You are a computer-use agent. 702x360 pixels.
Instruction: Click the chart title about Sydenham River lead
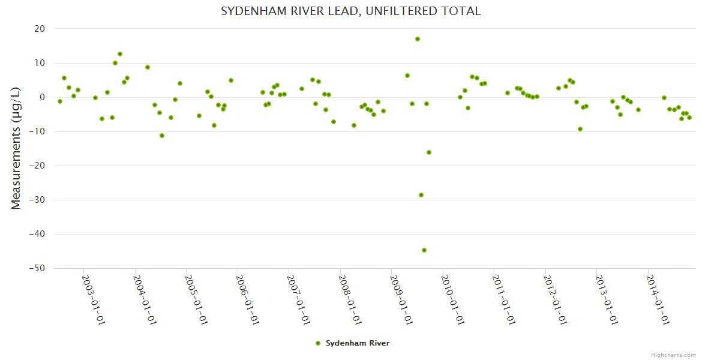click(x=351, y=11)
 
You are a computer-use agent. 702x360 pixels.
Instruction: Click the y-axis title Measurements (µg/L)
click(x=16, y=148)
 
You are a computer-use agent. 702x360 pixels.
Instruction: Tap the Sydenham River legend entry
click(x=357, y=343)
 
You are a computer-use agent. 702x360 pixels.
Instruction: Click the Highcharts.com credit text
click(x=673, y=355)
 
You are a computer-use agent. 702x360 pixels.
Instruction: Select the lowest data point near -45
click(x=424, y=250)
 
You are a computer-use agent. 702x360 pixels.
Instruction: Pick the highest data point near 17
click(x=418, y=39)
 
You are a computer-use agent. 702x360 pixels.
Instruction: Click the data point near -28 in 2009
click(x=421, y=195)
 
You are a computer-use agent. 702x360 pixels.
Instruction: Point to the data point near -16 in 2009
click(x=429, y=152)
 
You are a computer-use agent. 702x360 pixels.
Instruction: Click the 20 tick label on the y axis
click(x=40, y=29)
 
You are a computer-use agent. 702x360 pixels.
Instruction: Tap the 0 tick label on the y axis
click(x=43, y=97)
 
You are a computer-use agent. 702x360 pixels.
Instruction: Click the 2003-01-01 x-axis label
click(x=92, y=300)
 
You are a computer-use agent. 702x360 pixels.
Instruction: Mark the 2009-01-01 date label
click(x=400, y=300)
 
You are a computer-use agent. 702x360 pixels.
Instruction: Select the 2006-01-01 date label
click(x=246, y=300)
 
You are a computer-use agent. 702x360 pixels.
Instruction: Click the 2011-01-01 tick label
click(x=503, y=300)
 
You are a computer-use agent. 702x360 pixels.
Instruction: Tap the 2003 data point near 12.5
click(x=120, y=54)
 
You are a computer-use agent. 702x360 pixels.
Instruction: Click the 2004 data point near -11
click(x=162, y=136)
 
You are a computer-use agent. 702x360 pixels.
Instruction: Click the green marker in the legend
click(x=318, y=343)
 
